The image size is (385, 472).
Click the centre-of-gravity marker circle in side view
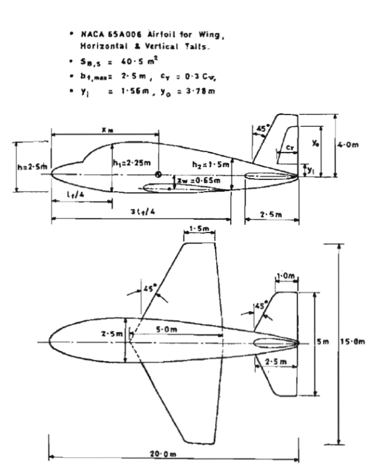point(158,174)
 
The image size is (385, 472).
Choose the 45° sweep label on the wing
point(151,288)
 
